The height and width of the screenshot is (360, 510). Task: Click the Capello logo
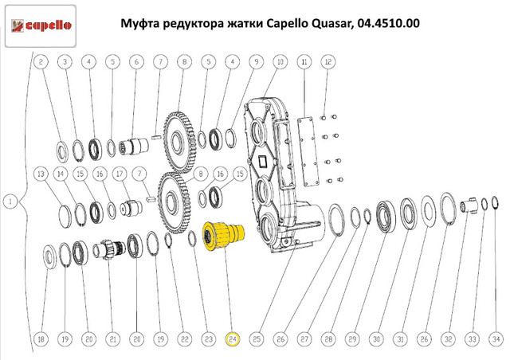pyautogui.click(x=41, y=26)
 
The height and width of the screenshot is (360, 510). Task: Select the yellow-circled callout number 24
pyautogui.click(x=233, y=339)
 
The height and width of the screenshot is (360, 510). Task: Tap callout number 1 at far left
pyautogui.click(x=10, y=202)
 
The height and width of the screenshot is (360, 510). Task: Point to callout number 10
pyautogui.click(x=280, y=62)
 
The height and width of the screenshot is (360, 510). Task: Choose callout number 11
pyautogui.click(x=304, y=62)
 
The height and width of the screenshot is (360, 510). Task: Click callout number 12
pyautogui.click(x=328, y=62)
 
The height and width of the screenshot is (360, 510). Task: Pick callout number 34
pyautogui.click(x=496, y=339)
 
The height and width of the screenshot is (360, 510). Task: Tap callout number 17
pyautogui.click(x=120, y=174)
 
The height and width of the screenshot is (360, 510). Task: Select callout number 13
pyautogui.click(x=41, y=174)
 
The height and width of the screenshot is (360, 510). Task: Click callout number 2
pyautogui.click(x=41, y=62)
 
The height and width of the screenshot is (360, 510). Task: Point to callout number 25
pyautogui.click(x=257, y=339)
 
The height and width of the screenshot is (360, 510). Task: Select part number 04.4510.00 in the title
pyautogui.click(x=388, y=23)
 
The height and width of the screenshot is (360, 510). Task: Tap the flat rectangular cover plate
pyautogui.click(x=308, y=151)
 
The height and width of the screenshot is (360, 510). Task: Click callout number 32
pyautogui.click(x=448, y=339)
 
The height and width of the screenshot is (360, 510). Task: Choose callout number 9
pyautogui.click(x=257, y=62)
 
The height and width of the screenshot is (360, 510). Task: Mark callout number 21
pyautogui.click(x=112, y=339)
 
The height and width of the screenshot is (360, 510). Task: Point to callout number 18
pyautogui.click(x=41, y=339)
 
